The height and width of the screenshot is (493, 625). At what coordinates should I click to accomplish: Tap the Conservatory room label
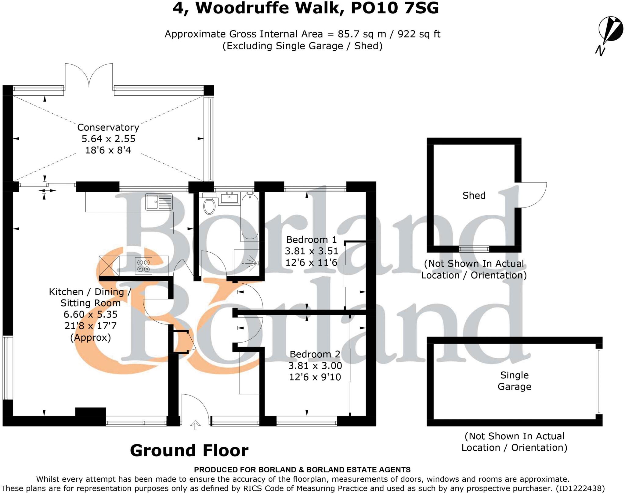(108, 127)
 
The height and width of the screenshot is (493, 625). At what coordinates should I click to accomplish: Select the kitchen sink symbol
(159, 202)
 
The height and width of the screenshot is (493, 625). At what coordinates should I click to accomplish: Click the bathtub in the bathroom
(250, 216)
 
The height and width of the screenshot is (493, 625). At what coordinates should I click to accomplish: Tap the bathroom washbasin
(229, 198)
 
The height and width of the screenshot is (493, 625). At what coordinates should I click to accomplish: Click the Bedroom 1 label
(311, 239)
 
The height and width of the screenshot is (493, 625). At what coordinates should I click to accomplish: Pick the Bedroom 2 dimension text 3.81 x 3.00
(315, 366)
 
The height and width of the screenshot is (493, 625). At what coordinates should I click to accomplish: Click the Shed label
(474, 195)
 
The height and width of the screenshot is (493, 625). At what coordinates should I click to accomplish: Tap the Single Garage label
(514, 381)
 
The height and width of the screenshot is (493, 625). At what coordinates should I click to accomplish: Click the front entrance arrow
(195, 424)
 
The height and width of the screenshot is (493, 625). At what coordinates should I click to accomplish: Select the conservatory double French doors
(89, 76)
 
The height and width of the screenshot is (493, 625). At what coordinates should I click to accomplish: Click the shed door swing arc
(534, 195)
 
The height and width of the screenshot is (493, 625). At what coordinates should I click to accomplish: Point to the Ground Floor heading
(189, 450)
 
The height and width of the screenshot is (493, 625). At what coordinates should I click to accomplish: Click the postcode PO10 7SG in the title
(395, 8)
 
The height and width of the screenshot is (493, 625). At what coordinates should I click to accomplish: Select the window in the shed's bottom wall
(474, 249)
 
